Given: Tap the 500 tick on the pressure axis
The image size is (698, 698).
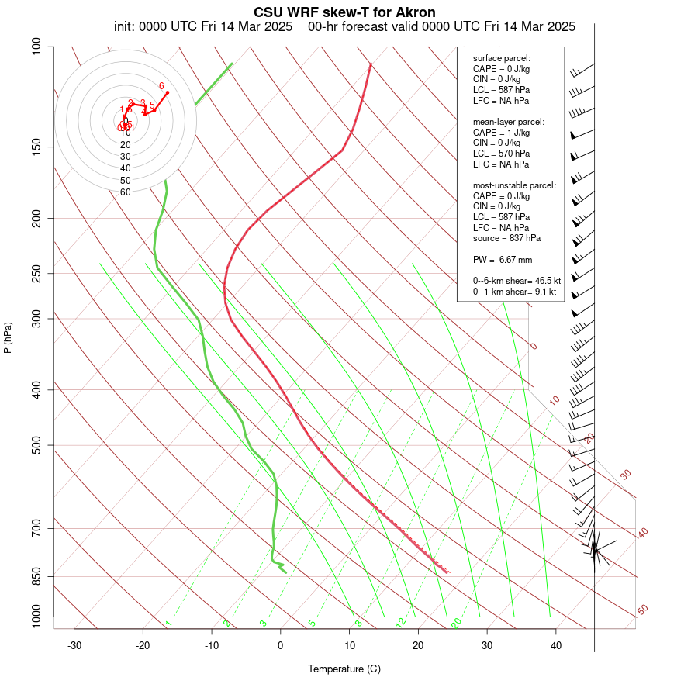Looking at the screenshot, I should pos(37,445).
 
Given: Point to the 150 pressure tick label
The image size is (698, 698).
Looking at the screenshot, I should pos(37,147).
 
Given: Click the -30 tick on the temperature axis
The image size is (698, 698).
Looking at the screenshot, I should pos(74,645).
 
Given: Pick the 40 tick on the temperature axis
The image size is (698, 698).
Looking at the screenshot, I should pos(556,645).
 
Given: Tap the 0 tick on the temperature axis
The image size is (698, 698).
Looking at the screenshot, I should pos(281,645).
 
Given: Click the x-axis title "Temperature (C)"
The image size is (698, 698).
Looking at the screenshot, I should pos(344,669).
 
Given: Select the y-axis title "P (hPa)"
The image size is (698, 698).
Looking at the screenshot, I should pos(8,337).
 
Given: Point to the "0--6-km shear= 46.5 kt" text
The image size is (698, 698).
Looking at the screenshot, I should pos(517,280).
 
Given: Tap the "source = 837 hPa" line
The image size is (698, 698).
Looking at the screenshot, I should pos(506,238).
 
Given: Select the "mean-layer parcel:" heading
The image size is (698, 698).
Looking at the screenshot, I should pos(509,122).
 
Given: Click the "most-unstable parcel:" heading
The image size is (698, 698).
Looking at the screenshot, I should pos(514,185).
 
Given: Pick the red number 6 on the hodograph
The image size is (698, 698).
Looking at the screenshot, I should pos(161,86).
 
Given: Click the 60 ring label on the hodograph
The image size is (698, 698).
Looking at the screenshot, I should pos(125,192).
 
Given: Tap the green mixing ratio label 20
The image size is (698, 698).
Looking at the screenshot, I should pos(456,623).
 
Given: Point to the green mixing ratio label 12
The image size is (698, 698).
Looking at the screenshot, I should pos(401,623).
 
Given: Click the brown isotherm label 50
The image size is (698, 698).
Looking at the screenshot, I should pos(642,610).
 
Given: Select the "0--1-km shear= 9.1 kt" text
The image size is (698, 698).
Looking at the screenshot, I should pos(514,291).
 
